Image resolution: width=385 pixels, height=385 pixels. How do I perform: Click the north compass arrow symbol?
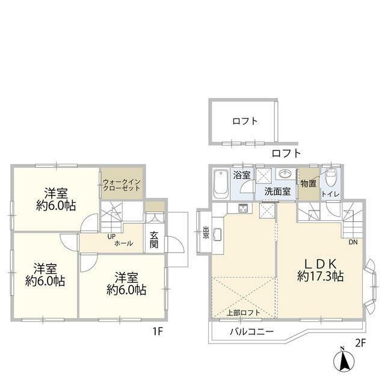tap(343, 359)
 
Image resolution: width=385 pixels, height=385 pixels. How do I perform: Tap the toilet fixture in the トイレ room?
tap(330, 177)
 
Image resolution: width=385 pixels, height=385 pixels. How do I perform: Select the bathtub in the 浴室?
tap(221, 183)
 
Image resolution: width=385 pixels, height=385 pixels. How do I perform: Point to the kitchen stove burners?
tap(244, 209)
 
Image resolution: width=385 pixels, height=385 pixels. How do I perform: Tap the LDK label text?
tap(320, 265)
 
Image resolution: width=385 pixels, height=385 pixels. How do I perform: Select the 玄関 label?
tap(154, 240)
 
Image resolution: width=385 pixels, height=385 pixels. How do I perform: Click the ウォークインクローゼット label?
tap(122, 185)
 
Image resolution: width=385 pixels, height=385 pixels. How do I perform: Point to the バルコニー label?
tap(251, 332)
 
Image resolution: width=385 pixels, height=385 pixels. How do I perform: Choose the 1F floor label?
tap(158, 332)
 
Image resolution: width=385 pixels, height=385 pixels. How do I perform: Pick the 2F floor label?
tap(360, 343)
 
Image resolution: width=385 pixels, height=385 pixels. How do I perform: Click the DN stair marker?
tap(353, 242)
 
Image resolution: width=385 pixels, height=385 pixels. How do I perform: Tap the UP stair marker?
tap(111, 237)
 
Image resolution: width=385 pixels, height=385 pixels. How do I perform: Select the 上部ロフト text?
tap(243, 313)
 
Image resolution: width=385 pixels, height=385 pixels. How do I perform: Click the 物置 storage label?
tap(309, 183)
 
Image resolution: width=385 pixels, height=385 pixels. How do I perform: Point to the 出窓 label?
tap(206, 232)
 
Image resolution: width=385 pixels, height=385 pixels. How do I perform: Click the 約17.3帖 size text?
tap(321, 277)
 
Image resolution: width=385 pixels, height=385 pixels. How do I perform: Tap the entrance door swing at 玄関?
tap(174, 244)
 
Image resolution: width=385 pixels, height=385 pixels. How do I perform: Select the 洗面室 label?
tap(277, 191)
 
